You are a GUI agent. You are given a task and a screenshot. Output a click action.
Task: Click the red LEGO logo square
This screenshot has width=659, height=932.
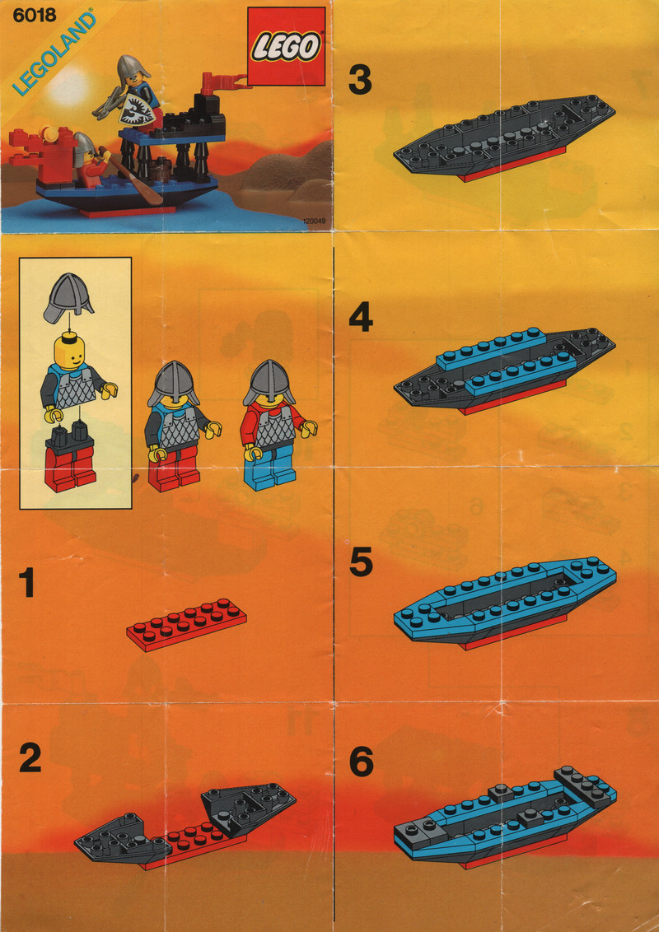[286, 47]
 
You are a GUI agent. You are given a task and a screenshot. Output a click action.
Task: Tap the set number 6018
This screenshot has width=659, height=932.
[34, 14]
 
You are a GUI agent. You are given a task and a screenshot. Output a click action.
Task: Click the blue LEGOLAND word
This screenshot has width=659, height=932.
[54, 54]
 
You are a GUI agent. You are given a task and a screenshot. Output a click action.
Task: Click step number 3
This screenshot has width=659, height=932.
[361, 80]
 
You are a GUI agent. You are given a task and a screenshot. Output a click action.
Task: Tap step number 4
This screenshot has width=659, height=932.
[361, 319]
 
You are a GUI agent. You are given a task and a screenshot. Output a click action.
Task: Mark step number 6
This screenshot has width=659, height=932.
[361, 762]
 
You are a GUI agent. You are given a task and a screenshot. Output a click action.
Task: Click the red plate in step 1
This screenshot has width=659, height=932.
[186, 624]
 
